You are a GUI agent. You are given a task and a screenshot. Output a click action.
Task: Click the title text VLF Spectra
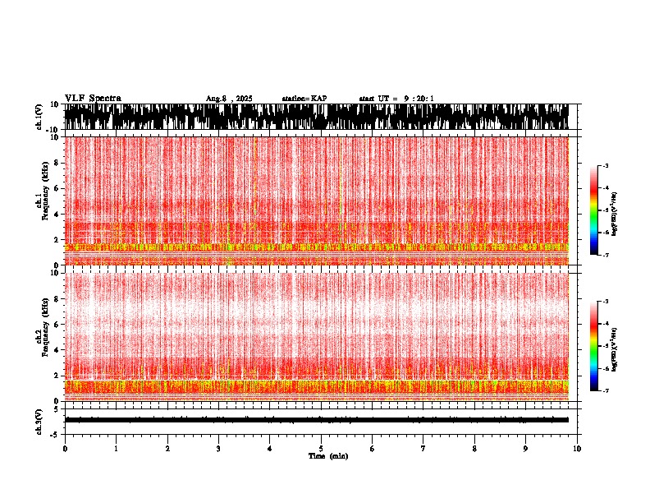click(93, 98)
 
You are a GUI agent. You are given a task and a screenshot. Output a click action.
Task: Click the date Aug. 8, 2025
click(229, 99)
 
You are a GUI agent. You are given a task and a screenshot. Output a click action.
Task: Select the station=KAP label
click(304, 99)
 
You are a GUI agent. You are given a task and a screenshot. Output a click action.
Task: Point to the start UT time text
click(396, 99)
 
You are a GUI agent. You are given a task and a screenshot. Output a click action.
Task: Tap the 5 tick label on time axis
click(321, 449)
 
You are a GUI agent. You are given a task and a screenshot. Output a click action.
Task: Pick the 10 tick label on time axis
click(577, 449)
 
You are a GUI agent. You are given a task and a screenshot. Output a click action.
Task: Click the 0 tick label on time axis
click(65, 449)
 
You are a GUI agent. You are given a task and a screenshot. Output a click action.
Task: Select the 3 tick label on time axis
click(218, 449)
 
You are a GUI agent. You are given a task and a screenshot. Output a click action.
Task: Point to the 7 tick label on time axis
click(423, 449)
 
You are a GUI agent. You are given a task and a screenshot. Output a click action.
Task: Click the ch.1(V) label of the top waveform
click(39, 118)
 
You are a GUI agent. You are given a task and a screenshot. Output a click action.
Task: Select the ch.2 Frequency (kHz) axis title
click(41, 336)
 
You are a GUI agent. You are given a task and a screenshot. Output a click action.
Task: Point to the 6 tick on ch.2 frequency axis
click(57, 324)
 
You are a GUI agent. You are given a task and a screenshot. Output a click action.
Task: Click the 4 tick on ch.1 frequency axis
click(57, 214)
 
